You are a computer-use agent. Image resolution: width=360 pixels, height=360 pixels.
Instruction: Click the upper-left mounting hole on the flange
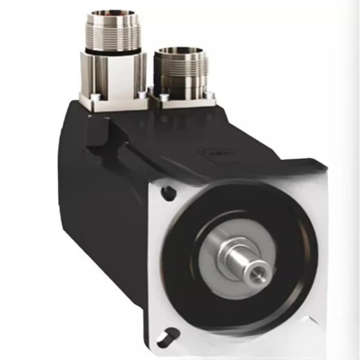[169, 193]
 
